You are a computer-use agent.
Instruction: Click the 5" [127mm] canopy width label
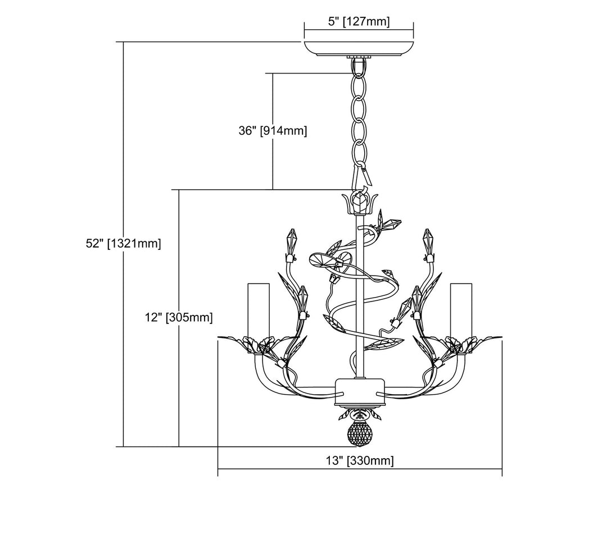359,21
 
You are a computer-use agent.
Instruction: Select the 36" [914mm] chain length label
273,131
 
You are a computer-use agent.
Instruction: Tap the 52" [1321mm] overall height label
123,244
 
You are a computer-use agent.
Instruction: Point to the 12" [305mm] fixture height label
179,317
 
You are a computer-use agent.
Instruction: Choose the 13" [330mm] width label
360,460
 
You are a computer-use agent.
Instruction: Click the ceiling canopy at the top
359,48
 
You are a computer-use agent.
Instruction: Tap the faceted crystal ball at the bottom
359,434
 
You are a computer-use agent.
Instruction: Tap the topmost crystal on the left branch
291,240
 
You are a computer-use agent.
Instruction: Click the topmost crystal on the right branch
428,240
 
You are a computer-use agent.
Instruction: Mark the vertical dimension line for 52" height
123,244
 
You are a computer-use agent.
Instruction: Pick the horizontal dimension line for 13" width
360,469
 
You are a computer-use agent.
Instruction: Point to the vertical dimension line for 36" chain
273,131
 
